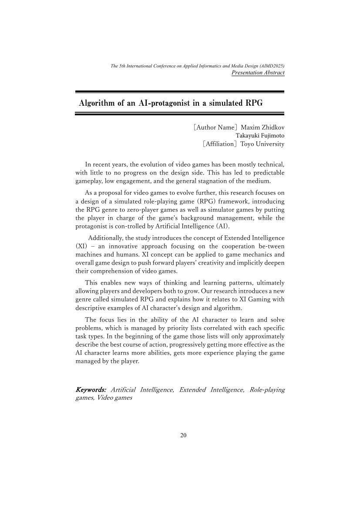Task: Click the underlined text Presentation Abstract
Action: [258, 73]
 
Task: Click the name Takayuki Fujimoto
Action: [260, 136]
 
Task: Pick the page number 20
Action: [183, 435]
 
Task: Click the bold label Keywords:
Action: [91, 390]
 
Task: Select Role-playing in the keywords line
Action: [267, 390]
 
